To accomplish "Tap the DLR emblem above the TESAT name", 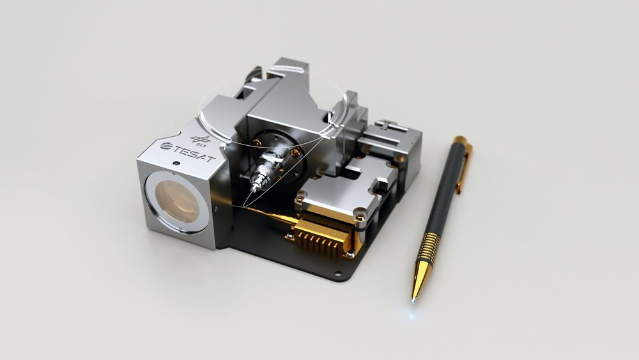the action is (201, 141).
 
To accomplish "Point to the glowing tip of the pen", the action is (413, 301).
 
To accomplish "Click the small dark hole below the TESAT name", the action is (176, 163).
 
